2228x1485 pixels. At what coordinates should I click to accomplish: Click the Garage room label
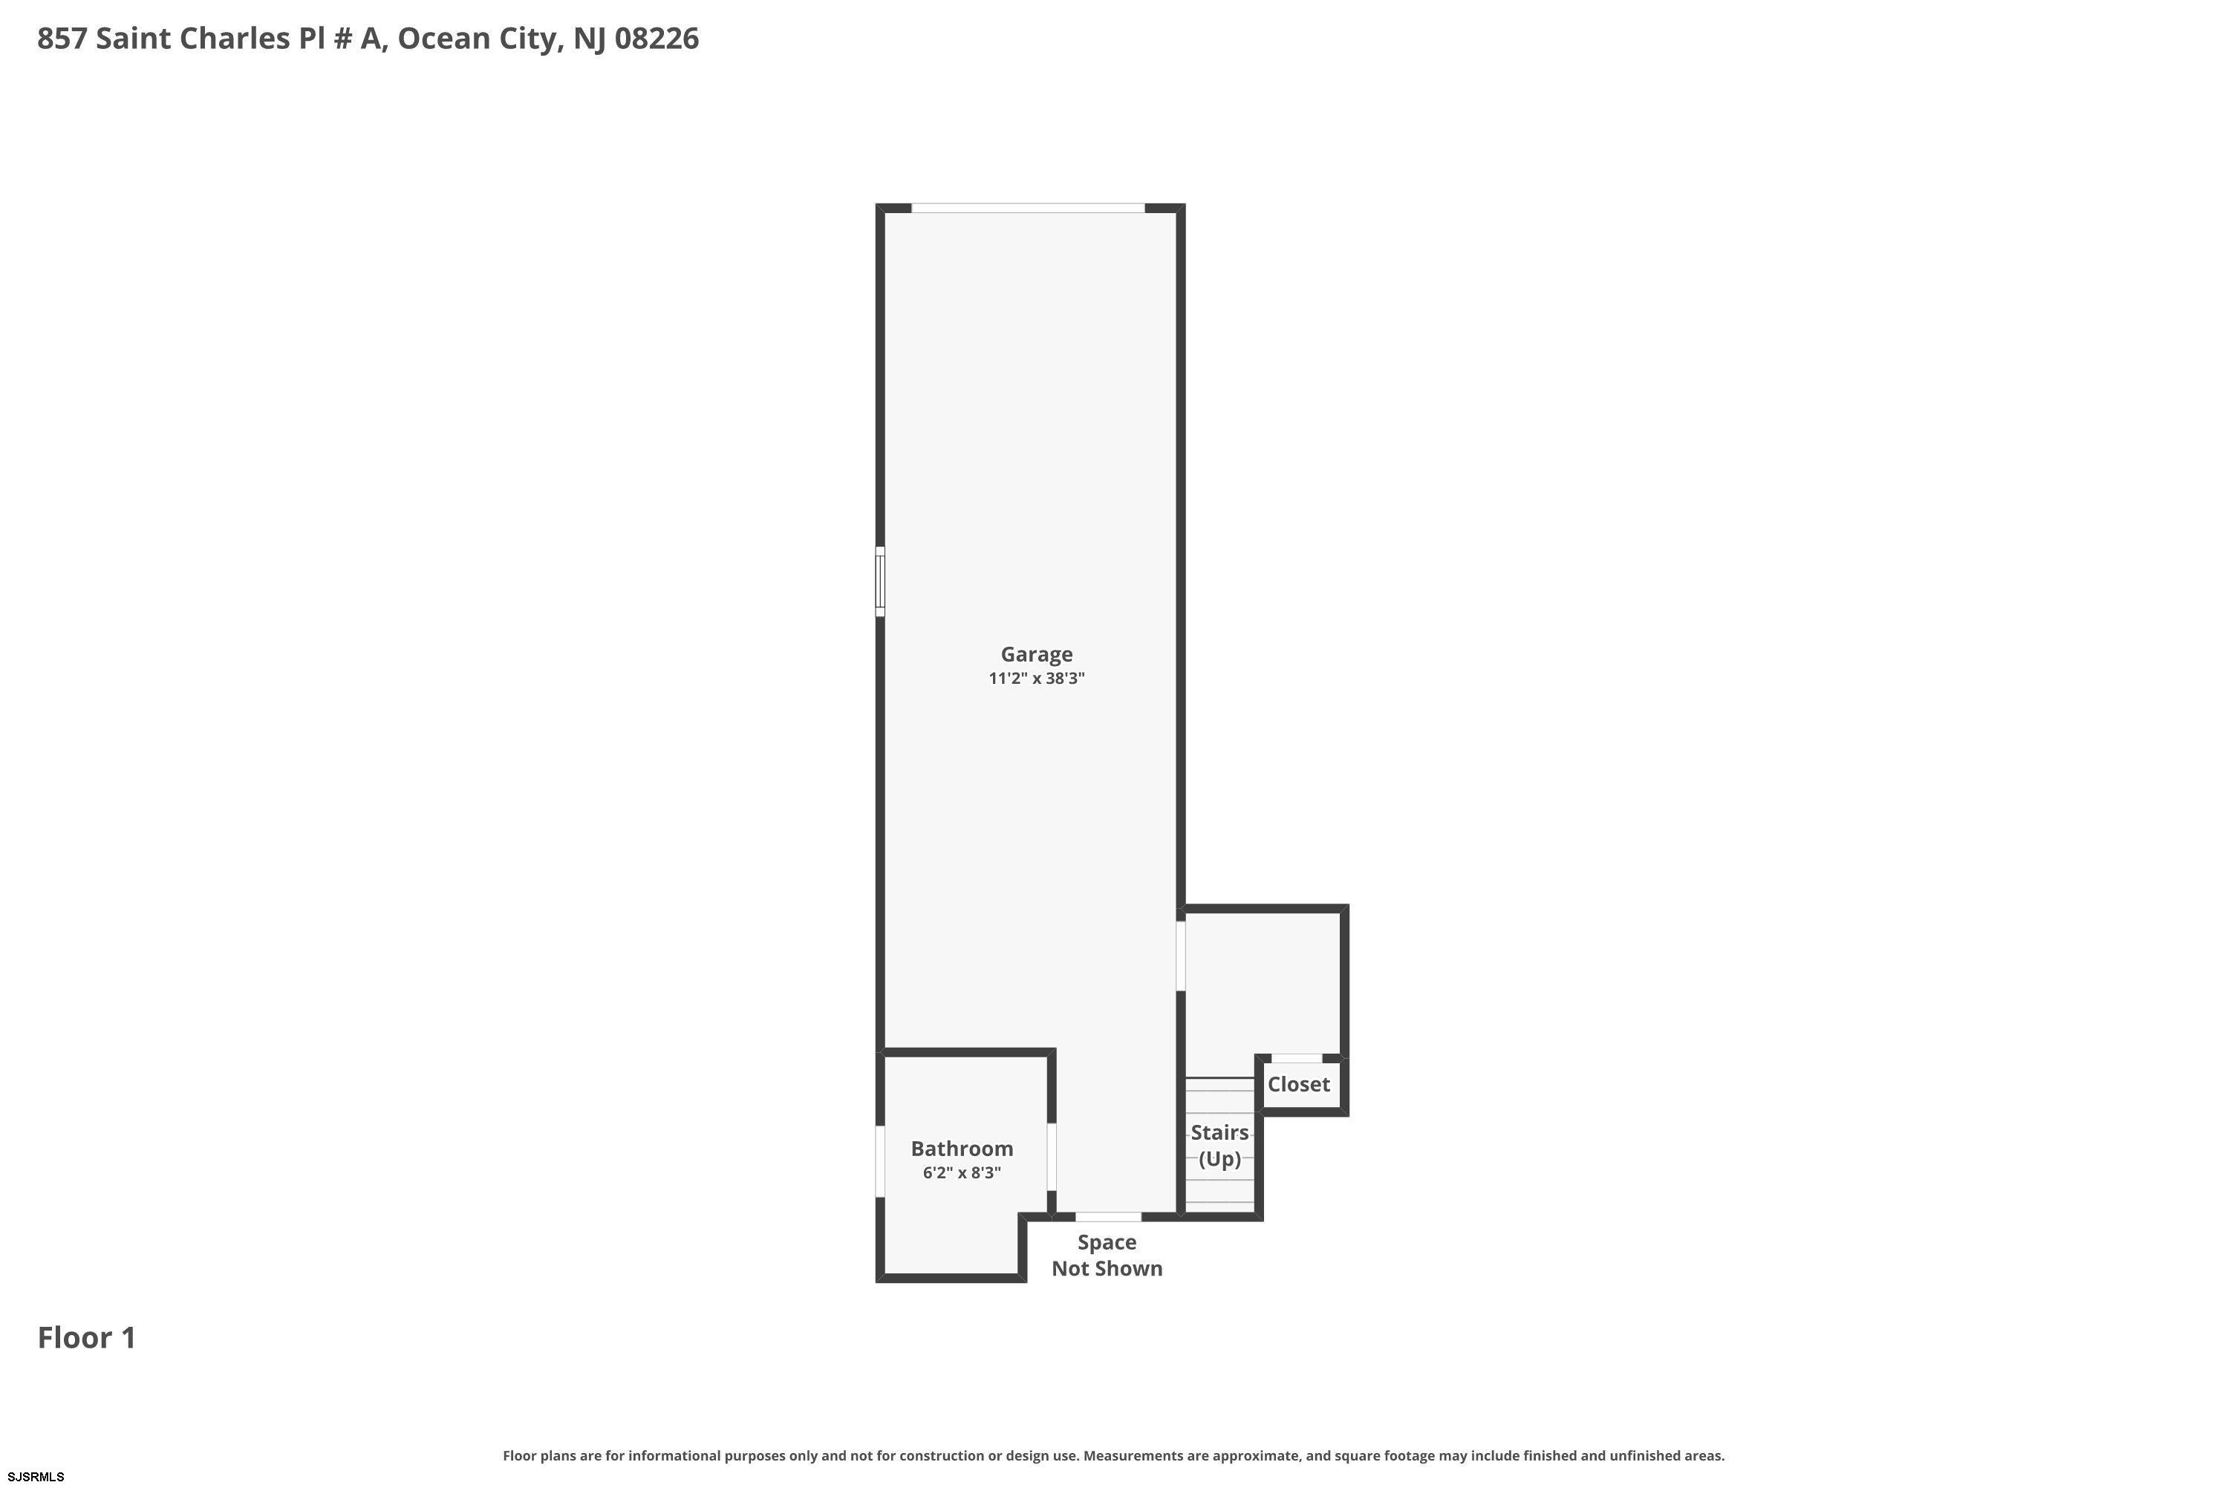(x=1036, y=654)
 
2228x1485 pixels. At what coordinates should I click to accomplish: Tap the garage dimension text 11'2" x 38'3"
(x=1036, y=678)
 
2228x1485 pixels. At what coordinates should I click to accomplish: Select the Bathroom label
(x=962, y=1149)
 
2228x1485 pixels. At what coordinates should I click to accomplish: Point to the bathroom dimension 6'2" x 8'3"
(x=962, y=1172)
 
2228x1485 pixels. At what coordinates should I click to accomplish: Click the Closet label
(x=1299, y=1084)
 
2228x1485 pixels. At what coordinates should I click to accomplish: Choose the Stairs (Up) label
(x=1220, y=1146)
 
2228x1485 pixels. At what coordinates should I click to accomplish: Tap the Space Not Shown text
(x=1107, y=1255)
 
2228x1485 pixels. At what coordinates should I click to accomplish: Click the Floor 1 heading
(x=87, y=1337)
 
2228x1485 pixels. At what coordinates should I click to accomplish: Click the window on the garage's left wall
(x=880, y=581)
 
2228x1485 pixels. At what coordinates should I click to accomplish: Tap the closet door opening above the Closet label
(x=1297, y=1058)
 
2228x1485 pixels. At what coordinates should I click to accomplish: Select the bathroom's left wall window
(x=880, y=1161)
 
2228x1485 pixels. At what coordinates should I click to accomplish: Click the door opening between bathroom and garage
(x=1052, y=1156)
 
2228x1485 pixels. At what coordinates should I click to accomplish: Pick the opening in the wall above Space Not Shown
(x=1108, y=1217)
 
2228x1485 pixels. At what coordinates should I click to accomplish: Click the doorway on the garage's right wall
(x=1180, y=956)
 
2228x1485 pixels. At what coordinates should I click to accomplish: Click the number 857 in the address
(x=62, y=39)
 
